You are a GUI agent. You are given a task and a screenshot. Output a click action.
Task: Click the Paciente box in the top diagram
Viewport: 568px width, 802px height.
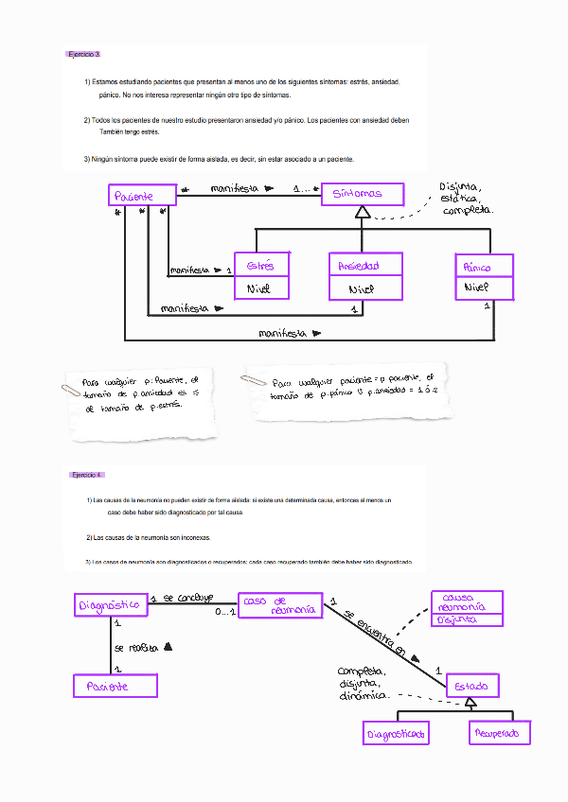tap(143, 196)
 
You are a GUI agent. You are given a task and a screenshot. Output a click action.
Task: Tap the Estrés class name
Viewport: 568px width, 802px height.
tap(261, 266)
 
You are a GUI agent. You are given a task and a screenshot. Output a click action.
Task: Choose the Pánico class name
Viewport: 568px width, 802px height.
tap(485, 267)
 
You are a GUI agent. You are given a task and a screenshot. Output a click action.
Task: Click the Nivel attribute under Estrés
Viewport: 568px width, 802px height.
tap(261, 289)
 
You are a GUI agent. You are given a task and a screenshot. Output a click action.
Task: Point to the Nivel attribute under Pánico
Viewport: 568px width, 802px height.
tap(485, 288)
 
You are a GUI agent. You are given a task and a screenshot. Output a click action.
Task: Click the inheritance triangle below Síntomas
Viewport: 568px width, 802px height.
tap(362, 214)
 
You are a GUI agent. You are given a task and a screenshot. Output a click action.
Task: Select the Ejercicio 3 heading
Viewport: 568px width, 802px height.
tap(83, 55)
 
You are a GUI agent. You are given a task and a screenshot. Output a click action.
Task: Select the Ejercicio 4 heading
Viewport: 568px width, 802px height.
tap(87, 475)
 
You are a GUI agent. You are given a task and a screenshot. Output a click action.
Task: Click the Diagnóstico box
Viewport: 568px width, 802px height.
tap(110, 604)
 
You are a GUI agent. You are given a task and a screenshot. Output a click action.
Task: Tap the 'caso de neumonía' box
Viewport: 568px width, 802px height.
tap(279, 605)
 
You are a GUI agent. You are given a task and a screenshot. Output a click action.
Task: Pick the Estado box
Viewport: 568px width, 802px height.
tap(472, 686)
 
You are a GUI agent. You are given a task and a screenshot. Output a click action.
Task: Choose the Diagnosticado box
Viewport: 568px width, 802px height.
tap(396, 733)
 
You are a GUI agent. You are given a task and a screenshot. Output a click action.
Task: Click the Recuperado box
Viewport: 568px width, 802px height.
tap(500, 732)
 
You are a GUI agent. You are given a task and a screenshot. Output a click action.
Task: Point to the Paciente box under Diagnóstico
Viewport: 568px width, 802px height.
tap(115, 687)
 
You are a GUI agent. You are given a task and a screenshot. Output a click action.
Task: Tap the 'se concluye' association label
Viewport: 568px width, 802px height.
tap(187, 598)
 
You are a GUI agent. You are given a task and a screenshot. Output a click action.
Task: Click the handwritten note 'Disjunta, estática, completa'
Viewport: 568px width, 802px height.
tap(466, 198)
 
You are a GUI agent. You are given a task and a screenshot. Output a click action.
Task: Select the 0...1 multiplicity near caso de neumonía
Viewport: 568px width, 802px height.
tap(224, 614)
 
